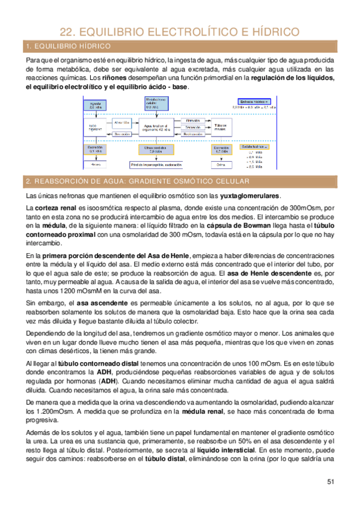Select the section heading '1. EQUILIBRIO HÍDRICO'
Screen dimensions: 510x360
coord(67,46)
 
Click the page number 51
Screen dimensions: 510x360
coord(331,481)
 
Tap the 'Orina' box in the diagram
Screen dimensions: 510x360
coord(221,164)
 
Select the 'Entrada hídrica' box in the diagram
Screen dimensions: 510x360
coord(257,102)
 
